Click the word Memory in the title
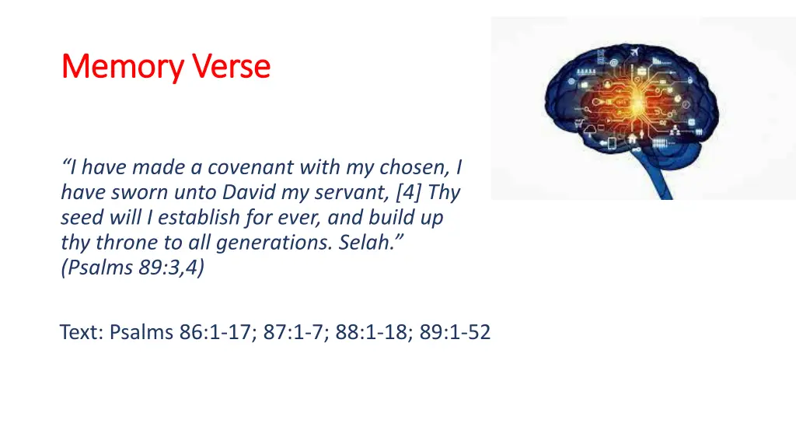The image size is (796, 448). pyautogui.click(x=120, y=68)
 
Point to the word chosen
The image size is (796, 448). pyautogui.click(x=414, y=167)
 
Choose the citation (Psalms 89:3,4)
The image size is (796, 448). pyautogui.click(x=133, y=268)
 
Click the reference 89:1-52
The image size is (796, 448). pyautogui.click(x=455, y=333)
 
